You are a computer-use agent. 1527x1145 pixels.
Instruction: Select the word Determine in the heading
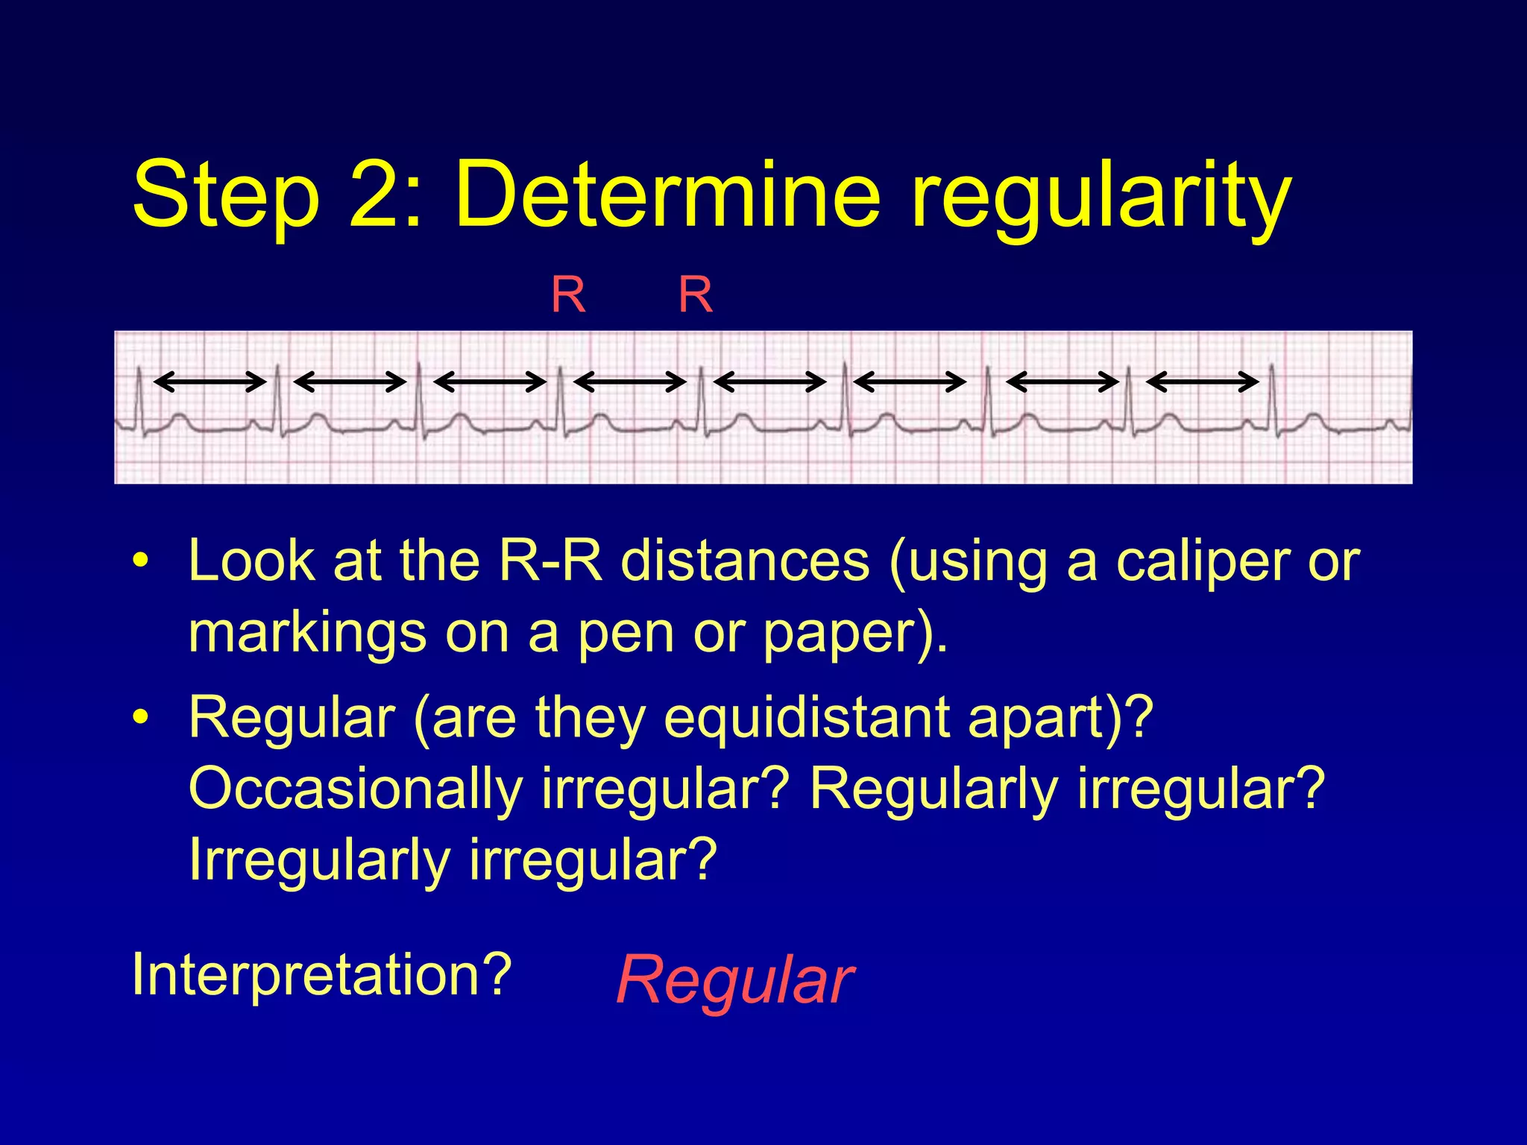[x=668, y=195]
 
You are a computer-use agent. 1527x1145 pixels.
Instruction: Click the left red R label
[x=568, y=295]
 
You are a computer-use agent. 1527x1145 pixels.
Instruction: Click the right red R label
[x=695, y=295]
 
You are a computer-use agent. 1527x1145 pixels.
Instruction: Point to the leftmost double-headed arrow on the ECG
[x=210, y=382]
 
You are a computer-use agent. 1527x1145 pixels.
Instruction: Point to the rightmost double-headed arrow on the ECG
[x=1202, y=382]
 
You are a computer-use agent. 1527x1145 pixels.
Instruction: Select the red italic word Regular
[x=735, y=980]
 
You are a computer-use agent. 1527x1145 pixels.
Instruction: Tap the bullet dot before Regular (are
[x=139, y=717]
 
